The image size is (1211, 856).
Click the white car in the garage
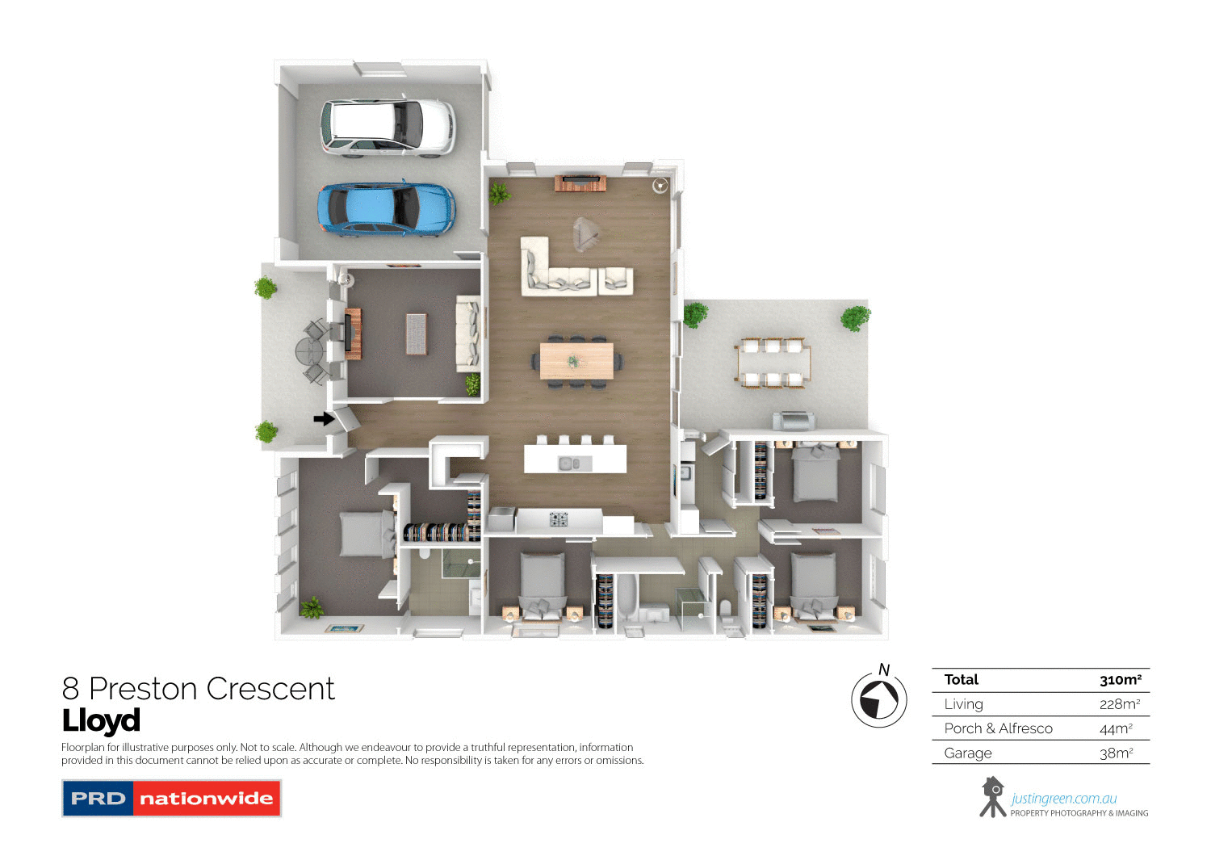pos(388,127)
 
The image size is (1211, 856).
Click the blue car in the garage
pos(386,208)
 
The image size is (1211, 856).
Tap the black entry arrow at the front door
pos(324,418)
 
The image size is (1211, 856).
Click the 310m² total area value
pos(1120,680)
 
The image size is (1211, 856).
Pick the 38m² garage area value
pos(1116,753)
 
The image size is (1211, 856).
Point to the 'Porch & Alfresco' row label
pos(998,728)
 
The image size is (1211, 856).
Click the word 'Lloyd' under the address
pos(101,720)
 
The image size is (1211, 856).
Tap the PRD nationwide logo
pos(171,798)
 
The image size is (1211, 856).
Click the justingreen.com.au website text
pos(1064,799)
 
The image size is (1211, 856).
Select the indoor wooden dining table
pos(576,361)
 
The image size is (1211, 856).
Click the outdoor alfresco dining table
pos(773,363)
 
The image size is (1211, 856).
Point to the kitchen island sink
pos(575,464)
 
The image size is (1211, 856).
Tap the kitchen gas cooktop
pos(559,519)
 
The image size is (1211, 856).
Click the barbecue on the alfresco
pos(794,421)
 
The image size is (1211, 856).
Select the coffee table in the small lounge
pos(416,334)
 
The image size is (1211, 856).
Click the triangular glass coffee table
pos(587,235)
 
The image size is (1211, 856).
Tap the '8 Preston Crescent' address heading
pos(198,689)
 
